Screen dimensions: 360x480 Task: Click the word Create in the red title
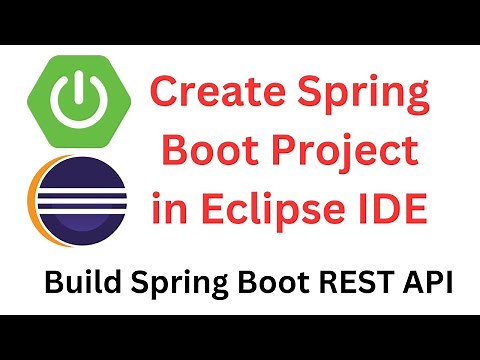click(216, 98)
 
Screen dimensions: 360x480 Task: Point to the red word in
click(169, 210)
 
